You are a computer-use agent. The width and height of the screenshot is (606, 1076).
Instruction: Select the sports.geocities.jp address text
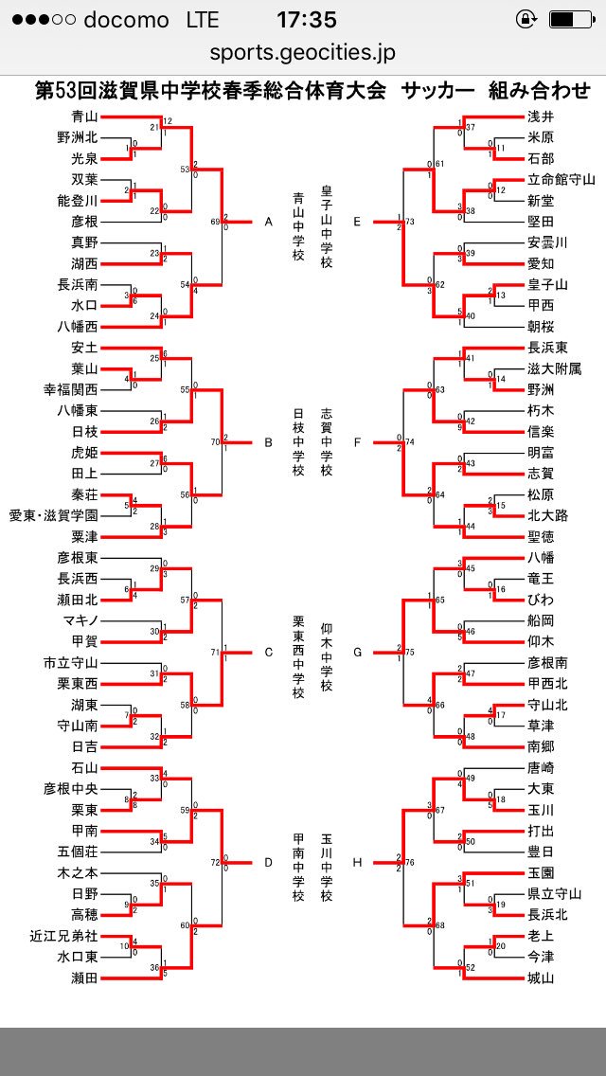tap(303, 53)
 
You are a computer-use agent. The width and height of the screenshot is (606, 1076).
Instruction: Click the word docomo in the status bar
tap(125, 20)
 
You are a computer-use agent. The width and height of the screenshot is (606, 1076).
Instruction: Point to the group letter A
tap(268, 223)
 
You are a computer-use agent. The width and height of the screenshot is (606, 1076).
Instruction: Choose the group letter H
tap(357, 862)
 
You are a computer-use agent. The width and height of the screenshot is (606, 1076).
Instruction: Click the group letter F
tap(357, 440)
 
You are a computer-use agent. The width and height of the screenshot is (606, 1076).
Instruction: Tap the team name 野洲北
tap(77, 137)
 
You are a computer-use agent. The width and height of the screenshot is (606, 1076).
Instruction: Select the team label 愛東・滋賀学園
tap(53, 515)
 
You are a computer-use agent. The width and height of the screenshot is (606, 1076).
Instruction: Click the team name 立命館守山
tap(561, 180)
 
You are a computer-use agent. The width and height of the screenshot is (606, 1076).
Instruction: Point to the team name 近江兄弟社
tap(63, 936)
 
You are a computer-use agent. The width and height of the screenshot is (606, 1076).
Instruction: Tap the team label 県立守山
tap(555, 893)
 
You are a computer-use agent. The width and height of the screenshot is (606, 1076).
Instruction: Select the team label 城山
tap(541, 977)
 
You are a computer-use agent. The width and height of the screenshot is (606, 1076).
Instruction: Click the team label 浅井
tap(541, 117)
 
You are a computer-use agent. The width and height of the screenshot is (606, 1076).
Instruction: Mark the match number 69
tap(214, 223)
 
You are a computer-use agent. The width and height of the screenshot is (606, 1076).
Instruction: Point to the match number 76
tap(410, 862)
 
